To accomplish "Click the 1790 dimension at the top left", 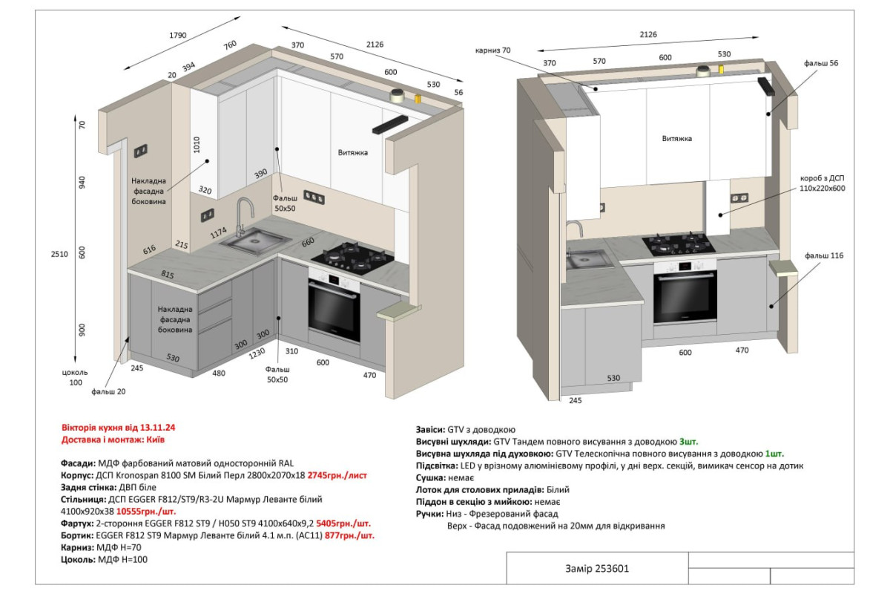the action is pos(177,36).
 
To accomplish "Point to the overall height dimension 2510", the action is pos(59,254).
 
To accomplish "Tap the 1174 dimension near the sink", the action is pos(219,232).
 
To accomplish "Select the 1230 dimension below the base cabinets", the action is pos(257,353).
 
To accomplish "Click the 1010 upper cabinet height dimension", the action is pos(197,145).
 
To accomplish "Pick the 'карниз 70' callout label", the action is pos(492,50).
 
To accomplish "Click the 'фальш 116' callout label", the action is pos(824,256).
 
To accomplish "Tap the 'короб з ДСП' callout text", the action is pos(822,178).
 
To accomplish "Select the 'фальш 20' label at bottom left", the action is pos(108,392).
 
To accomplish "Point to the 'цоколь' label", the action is pos(75,373).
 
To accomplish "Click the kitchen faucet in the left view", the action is pos(243,217).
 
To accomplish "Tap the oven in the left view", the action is pos(334,306).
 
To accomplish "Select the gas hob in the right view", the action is pos(678,244).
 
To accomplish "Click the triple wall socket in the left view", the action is pos(314,198).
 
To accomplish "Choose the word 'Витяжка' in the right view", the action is pos(676,139).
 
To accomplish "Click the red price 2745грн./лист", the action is pos(337,475).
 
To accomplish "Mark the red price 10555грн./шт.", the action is pos(146,512).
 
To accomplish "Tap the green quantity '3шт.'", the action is pos(688,442).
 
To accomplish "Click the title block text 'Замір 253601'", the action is pos(597,569).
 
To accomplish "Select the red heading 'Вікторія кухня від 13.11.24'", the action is pos(119,428).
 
